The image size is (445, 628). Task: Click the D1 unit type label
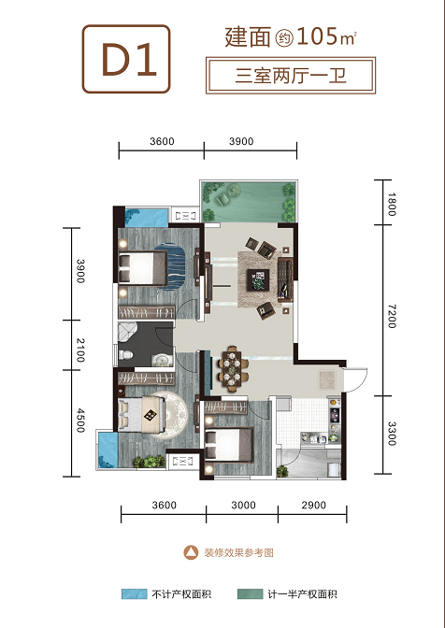tap(129, 59)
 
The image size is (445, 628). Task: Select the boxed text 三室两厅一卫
tap(291, 76)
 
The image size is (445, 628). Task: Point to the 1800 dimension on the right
tap(392, 205)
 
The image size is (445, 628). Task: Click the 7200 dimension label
tap(392, 316)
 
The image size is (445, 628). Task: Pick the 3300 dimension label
tap(392, 434)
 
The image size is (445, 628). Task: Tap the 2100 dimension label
tap(80, 350)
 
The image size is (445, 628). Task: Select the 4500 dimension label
tap(80, 421)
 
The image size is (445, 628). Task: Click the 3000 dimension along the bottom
tap(243, 505)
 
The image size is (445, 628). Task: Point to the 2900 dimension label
tap(313, 505)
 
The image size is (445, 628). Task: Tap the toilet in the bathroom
tap(126, 354)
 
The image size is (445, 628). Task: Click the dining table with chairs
tap(233, 368)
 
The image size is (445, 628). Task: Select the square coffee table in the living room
tap(258, 279)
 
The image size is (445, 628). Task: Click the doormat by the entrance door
tap(327, 379)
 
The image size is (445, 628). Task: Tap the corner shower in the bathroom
tap(126, 332)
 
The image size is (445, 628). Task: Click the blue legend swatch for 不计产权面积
tap(135, 594)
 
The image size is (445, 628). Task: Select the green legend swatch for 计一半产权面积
tap(250, 594)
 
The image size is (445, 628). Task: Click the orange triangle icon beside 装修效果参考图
tap(191, 552)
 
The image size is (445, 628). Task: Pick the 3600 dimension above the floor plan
tap(162, 141)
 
